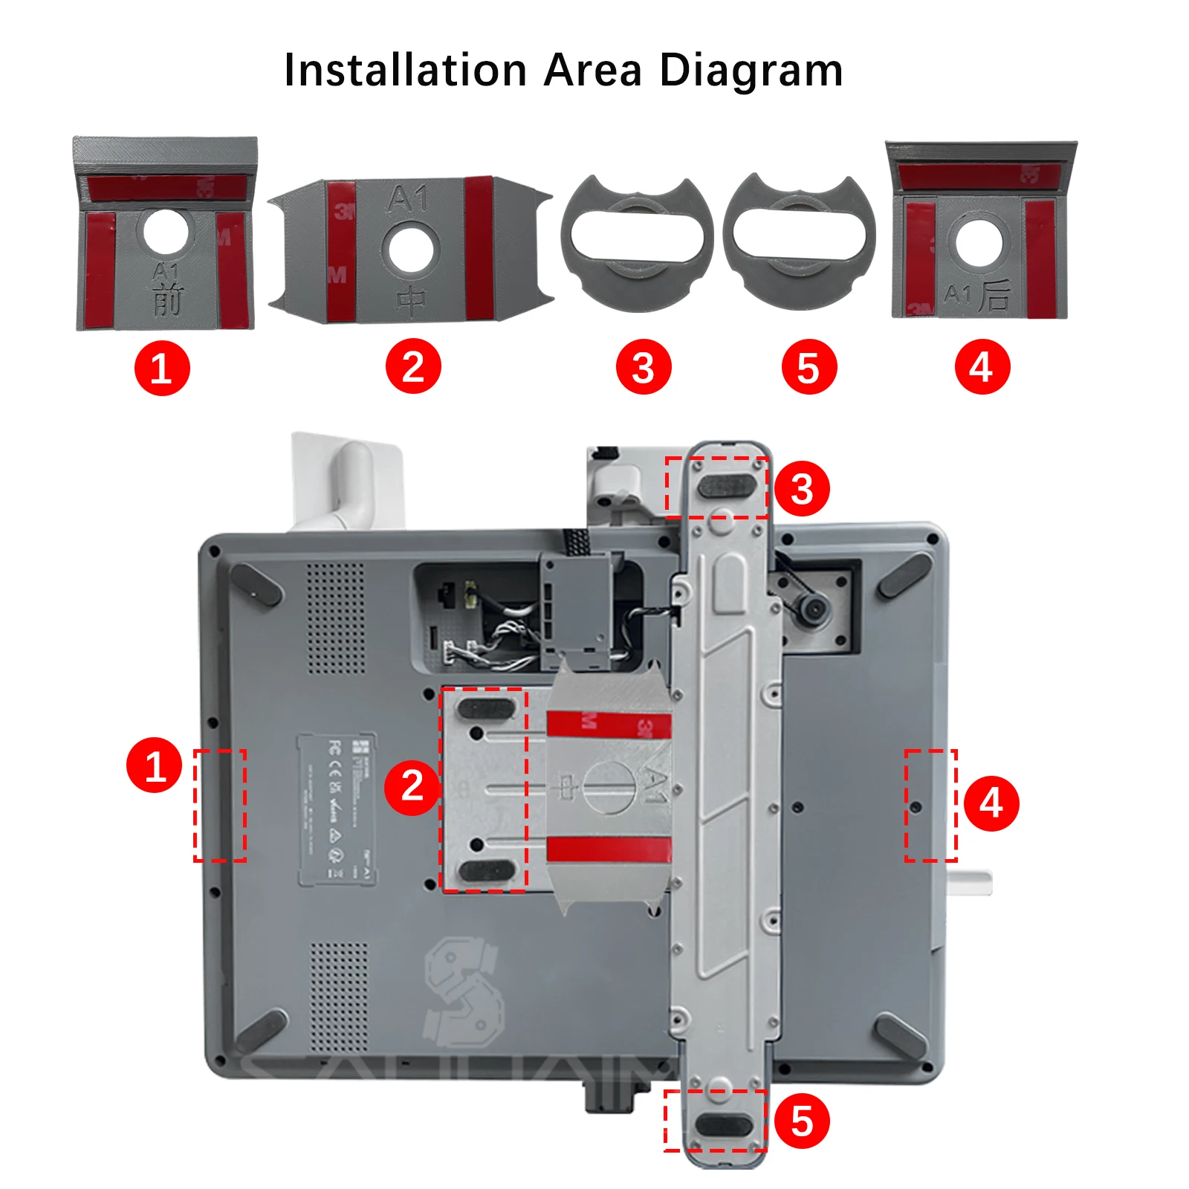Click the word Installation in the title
click(x=406, y=71)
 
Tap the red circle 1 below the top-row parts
click(x=162, y=368)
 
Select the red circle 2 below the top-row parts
click(x=413, y=366)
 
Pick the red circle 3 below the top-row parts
click(x=644, y=367)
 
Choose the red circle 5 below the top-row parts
click(x=809, y=367)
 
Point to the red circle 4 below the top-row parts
click(x=982, y=366)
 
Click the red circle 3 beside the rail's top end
click(x=802, y=489)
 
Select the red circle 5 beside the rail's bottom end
click(x=802, y=1121)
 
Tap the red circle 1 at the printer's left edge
click(x=154, y=765)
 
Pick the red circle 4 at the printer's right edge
click(x=991, y=803)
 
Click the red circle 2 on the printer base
click(x=412, y=787)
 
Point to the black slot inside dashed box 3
click(x=728, y=487)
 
